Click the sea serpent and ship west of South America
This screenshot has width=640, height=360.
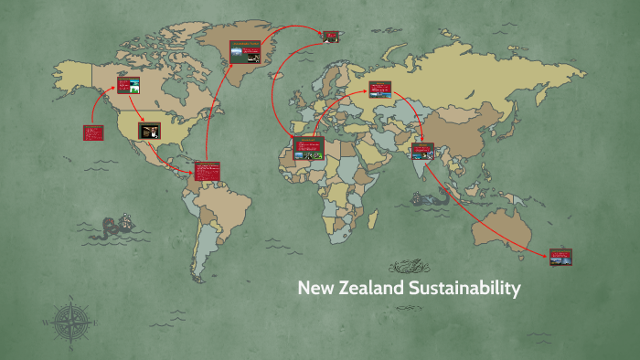120,226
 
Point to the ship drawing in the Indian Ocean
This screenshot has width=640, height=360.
423,196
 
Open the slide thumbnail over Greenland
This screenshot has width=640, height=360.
244,51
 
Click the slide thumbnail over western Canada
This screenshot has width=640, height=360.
129,87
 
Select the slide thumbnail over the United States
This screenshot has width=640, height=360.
150,131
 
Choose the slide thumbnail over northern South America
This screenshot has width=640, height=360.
208,173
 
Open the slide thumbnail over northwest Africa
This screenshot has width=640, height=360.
308,148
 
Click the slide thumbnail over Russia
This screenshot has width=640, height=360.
380,90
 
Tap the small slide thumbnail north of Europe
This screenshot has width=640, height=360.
331,37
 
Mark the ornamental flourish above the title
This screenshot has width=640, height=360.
408,267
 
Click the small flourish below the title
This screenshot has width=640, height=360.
408,311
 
